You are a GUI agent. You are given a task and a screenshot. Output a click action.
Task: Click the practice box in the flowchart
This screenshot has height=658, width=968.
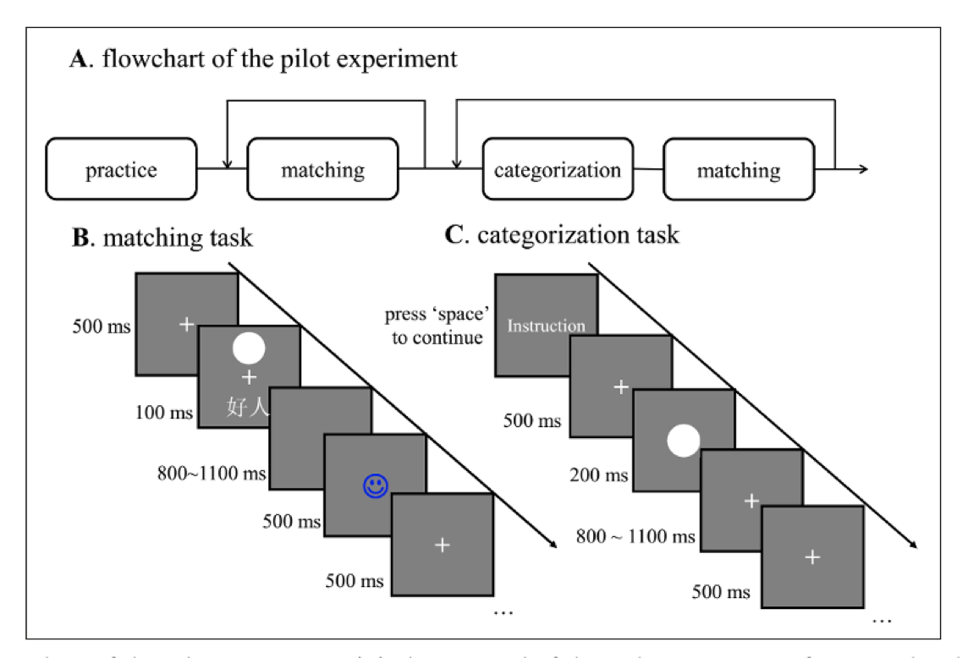pos(121,170)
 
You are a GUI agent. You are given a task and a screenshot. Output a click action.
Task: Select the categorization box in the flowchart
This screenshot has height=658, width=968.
pos(557,170)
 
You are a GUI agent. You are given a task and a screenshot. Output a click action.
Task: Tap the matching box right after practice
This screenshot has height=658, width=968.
pos(322,170)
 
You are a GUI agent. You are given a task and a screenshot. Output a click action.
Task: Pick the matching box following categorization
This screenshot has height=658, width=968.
pos(738,170)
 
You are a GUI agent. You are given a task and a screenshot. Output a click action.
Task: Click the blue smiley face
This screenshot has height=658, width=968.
pos(376,485)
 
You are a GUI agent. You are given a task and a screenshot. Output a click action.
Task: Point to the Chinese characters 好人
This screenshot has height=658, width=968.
pos(248,408)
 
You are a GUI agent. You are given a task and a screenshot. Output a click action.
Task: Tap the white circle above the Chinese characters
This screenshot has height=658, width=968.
pos(249,348)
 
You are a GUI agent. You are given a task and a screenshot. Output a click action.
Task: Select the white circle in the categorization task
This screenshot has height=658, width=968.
pos(684,441)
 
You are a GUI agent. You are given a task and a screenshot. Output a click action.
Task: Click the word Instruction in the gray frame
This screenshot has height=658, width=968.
pos(546,326)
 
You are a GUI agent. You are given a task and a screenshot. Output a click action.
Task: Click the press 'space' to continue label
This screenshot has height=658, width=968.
pos(434,326)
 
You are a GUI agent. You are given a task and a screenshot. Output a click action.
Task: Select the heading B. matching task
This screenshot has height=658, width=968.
pos(162,237)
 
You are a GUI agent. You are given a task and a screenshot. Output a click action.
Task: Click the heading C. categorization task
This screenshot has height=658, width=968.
pos(562,234)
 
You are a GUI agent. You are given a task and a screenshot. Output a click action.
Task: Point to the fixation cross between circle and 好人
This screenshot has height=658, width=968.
pos(249,376)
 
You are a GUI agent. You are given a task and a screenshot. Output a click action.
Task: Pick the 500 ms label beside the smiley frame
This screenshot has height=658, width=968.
pos(291,522)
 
